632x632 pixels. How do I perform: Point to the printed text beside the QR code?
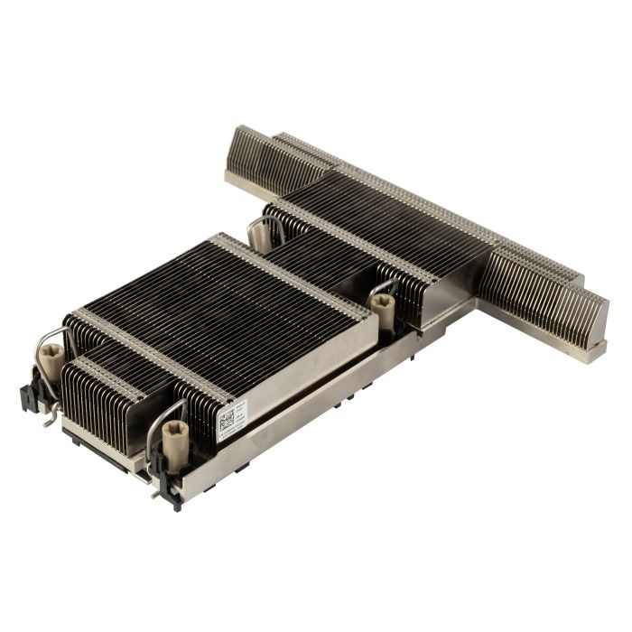(x=242, y=412)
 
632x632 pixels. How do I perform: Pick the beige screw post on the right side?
(x=384, y=312)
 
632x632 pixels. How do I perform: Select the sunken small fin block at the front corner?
(x=99, y=397)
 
